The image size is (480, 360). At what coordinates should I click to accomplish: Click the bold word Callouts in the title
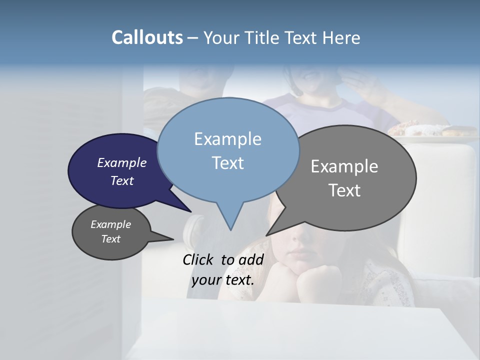pos(147,37)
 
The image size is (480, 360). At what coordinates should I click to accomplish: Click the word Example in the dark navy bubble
pos(121,162)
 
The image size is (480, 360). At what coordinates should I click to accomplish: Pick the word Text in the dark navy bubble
pos(121,180)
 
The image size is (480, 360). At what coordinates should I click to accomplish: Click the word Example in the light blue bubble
pos(227,139)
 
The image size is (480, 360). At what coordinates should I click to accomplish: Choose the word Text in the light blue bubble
pos(227,162)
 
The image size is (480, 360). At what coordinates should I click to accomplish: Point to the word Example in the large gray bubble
pos(344,166)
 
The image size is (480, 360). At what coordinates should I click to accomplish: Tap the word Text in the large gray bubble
pos(344,190)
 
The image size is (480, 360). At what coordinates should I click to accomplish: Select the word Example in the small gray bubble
pos(110,224)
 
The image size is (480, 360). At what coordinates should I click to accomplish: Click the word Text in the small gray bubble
pos(110,239)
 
